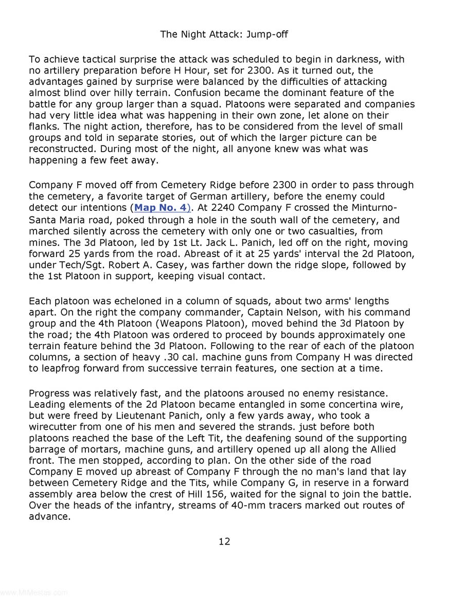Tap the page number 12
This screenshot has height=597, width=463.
coord(224,541)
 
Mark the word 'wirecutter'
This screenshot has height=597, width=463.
coord(55,415)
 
